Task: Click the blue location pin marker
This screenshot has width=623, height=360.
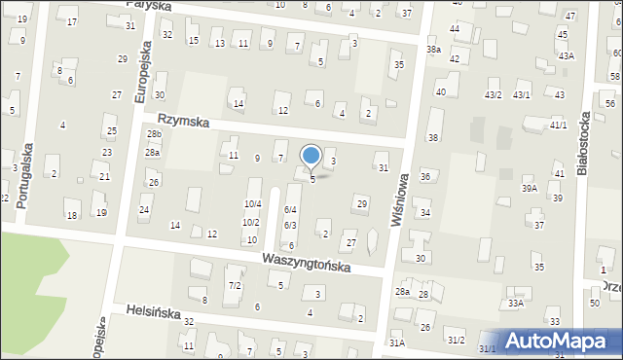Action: (x=311, y=156)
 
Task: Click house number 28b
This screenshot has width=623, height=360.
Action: (x=154, y=134)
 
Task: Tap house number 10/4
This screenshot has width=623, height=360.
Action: (x=252, y=204)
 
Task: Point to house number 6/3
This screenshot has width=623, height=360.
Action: (x=290, y=226)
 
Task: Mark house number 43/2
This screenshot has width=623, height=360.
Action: (x=494, y=94)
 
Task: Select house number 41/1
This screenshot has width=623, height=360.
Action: (x=558, y=126)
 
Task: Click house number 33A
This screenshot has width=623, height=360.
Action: (x=515, y=304)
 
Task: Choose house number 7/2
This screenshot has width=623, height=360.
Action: (x=235, y=285)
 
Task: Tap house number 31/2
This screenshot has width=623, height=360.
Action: (x=456, y=340)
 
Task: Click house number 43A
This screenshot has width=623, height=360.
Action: (x=567, y=56)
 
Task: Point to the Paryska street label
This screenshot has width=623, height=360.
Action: (x=149, y=6)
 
